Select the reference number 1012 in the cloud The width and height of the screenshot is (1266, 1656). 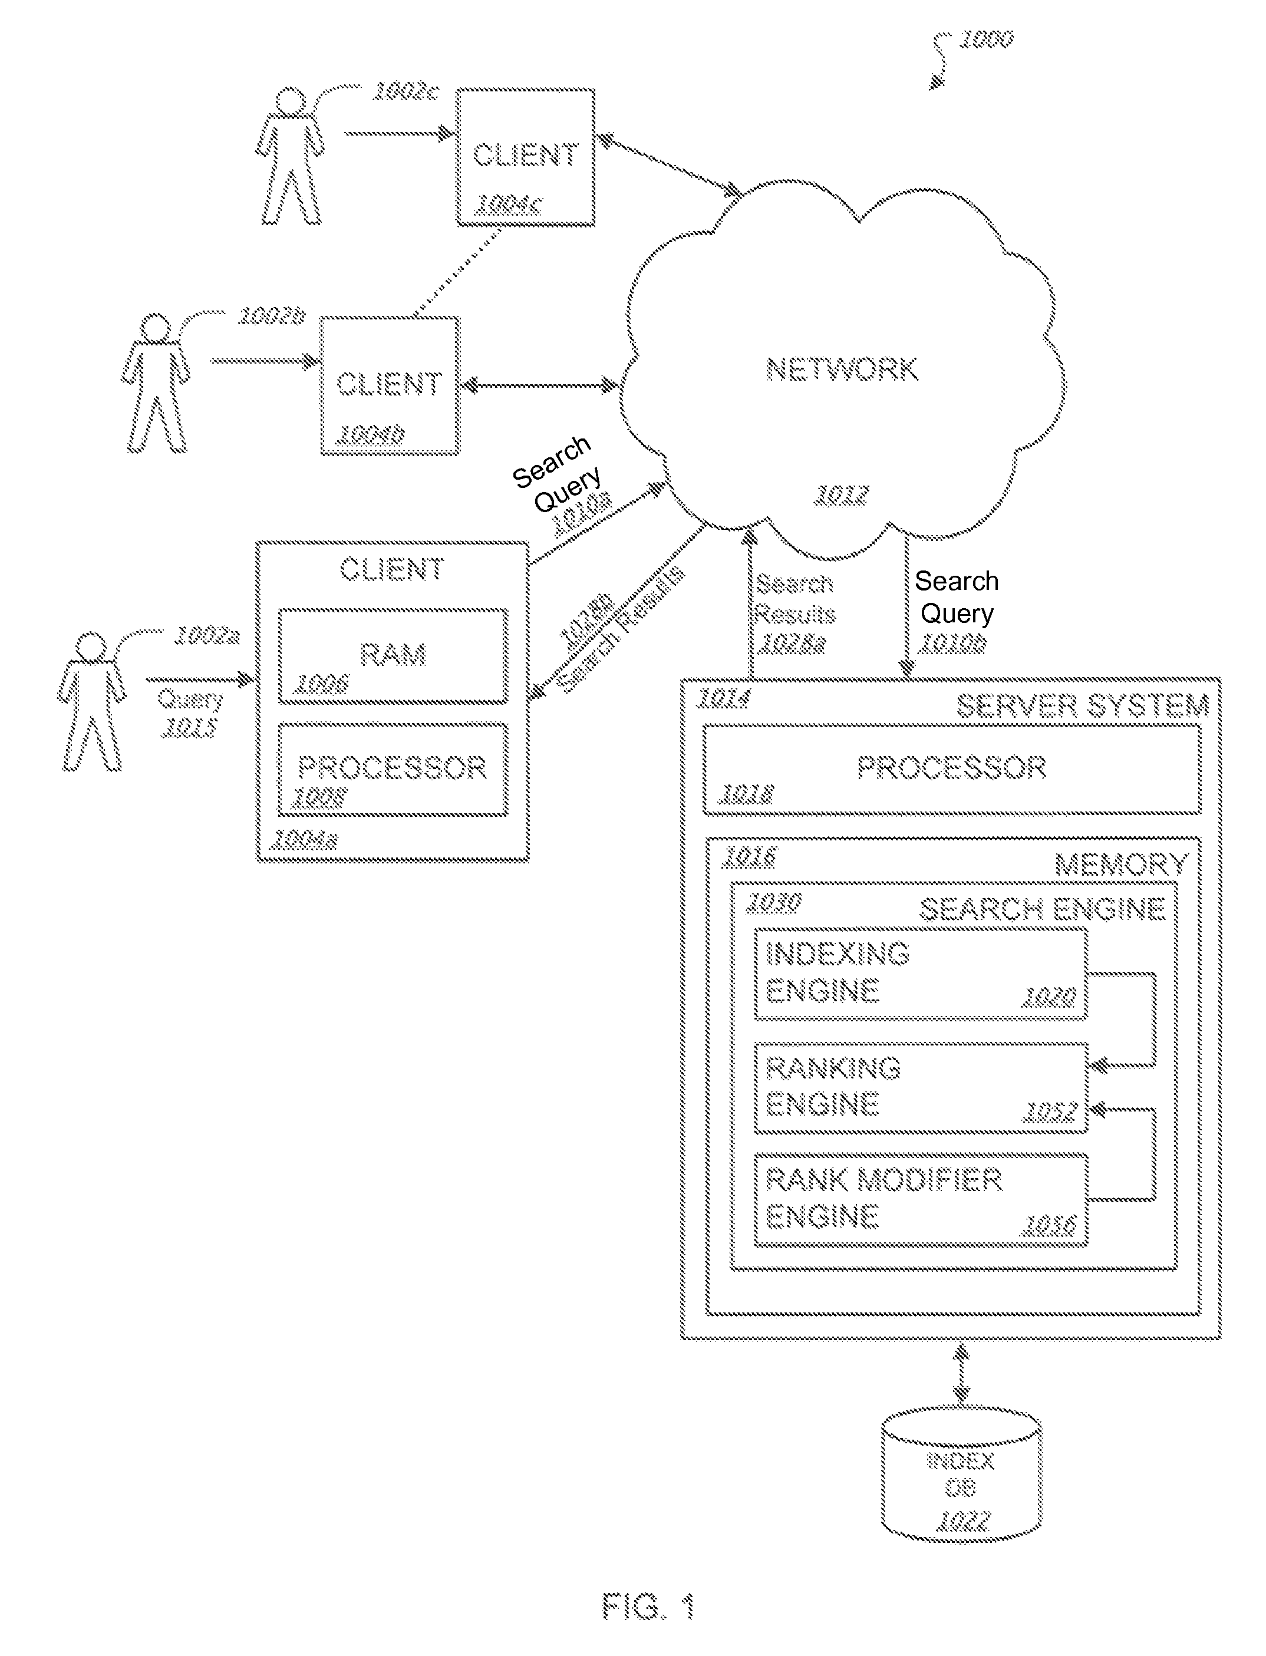point(842,495)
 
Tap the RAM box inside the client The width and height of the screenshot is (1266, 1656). point(393,655)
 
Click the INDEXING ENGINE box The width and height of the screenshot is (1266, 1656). point(920,974)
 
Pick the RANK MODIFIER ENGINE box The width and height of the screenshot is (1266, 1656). point(920,1199)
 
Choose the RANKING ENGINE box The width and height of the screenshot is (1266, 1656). point(920,1087)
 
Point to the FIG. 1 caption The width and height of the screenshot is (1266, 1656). point(648,1606)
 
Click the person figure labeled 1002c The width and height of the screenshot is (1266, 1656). point(291,157)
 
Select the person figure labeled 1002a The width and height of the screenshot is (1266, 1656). point(92,701)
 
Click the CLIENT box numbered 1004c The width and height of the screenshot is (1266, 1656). point(525,157)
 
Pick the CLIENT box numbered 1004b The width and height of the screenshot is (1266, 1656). point(390,385)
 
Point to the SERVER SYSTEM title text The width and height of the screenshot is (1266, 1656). point(1082,706)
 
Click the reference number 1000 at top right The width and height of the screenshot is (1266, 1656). point(985,39)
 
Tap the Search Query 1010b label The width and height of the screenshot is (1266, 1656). point(955,611)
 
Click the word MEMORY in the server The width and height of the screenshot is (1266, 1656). point(1120,864)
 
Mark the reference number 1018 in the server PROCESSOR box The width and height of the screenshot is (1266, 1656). point(746,793)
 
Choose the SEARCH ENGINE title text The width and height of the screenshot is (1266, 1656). point(1041,909)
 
